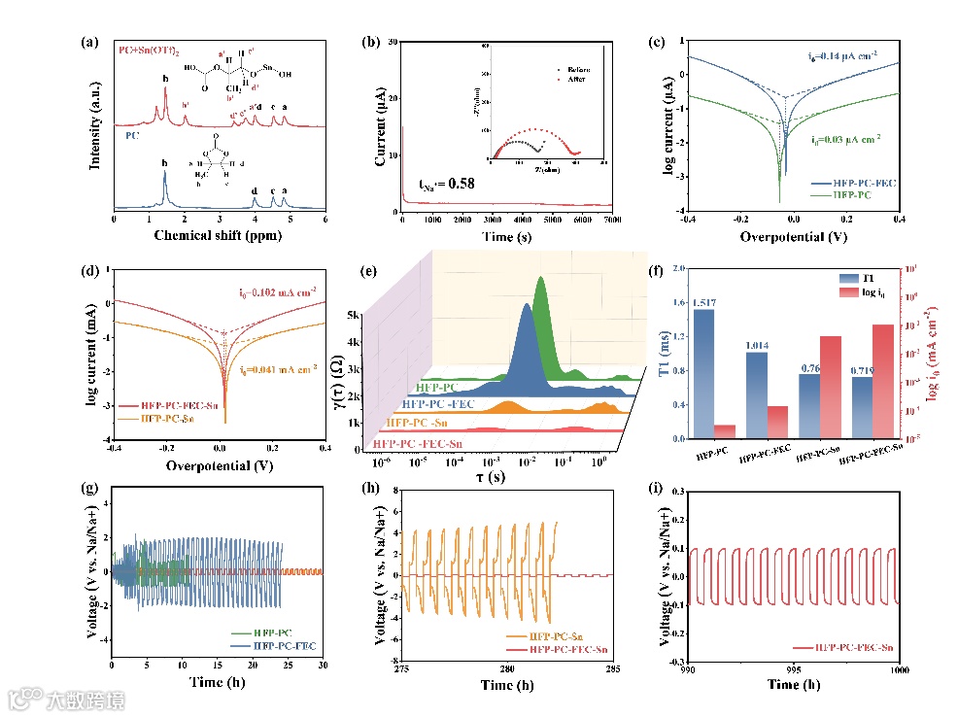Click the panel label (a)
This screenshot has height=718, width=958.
coord(90,43)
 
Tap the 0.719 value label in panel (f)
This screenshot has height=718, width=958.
coord(863,370)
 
